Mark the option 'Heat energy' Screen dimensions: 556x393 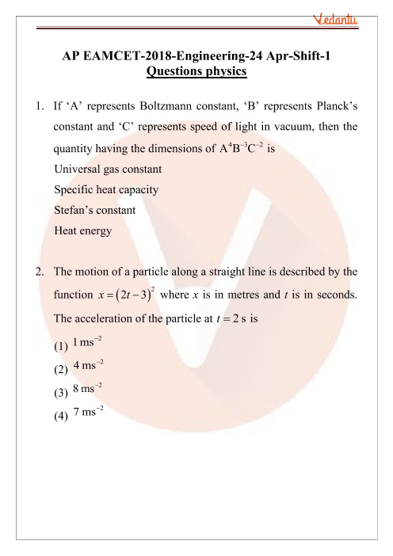(x=83, y=232)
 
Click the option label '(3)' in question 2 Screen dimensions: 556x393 (x=61, y=394)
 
